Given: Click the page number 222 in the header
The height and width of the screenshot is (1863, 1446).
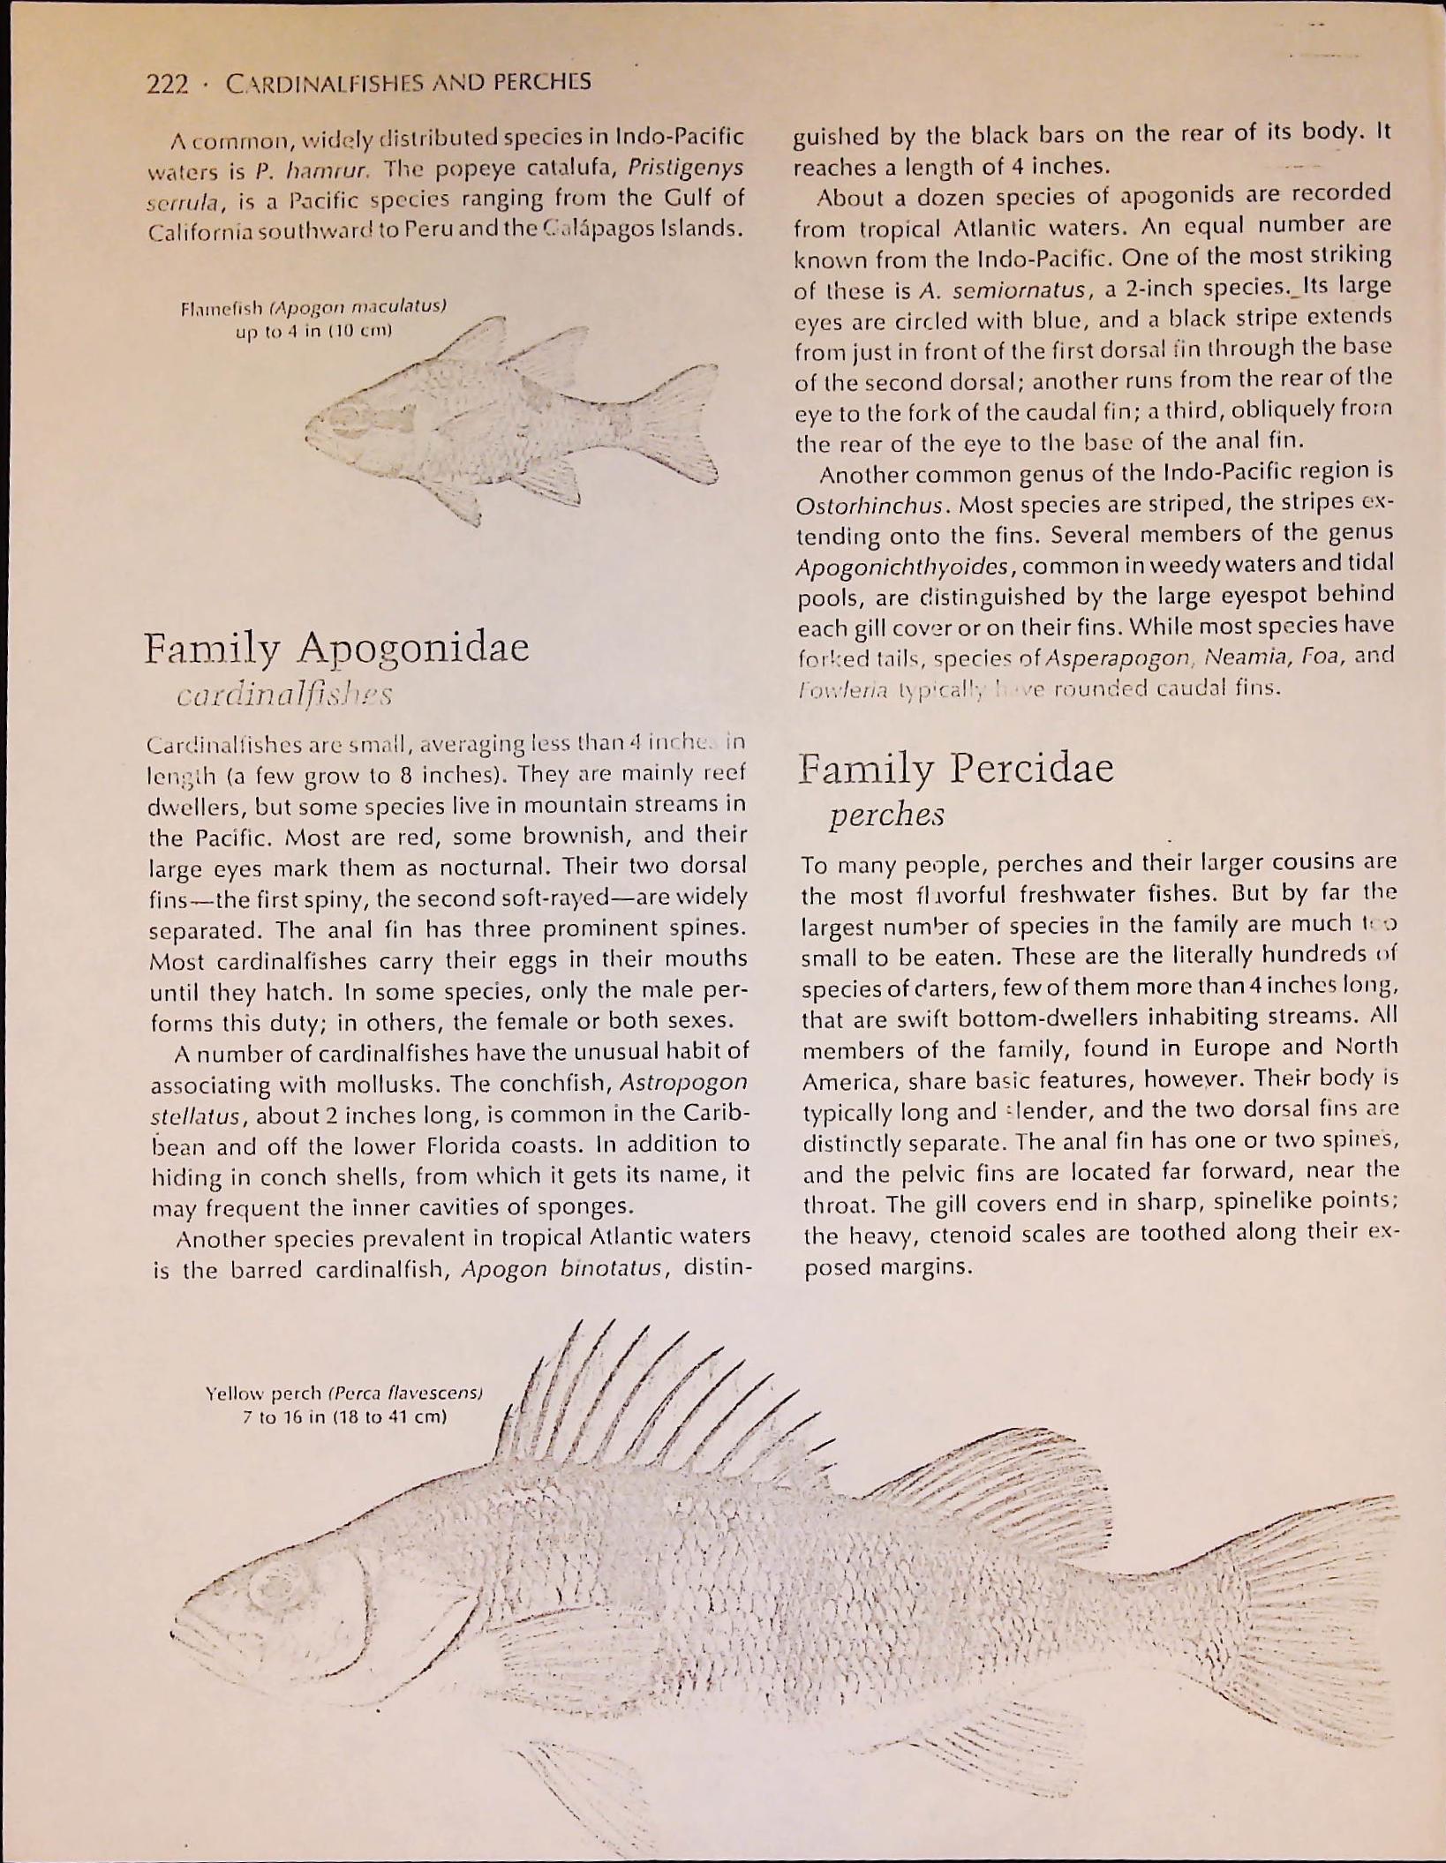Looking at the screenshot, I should click(167, 84).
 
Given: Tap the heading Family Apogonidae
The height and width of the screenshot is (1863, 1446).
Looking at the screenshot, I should click(336, 648).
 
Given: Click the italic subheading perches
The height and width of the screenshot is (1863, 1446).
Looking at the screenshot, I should click(886, 814).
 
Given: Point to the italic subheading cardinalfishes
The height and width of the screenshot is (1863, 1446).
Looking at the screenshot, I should click(284, 694).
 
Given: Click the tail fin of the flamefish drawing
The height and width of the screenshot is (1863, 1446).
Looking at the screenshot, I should click(680, 424).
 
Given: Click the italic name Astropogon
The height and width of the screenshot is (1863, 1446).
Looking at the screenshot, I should click(684, 1082).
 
